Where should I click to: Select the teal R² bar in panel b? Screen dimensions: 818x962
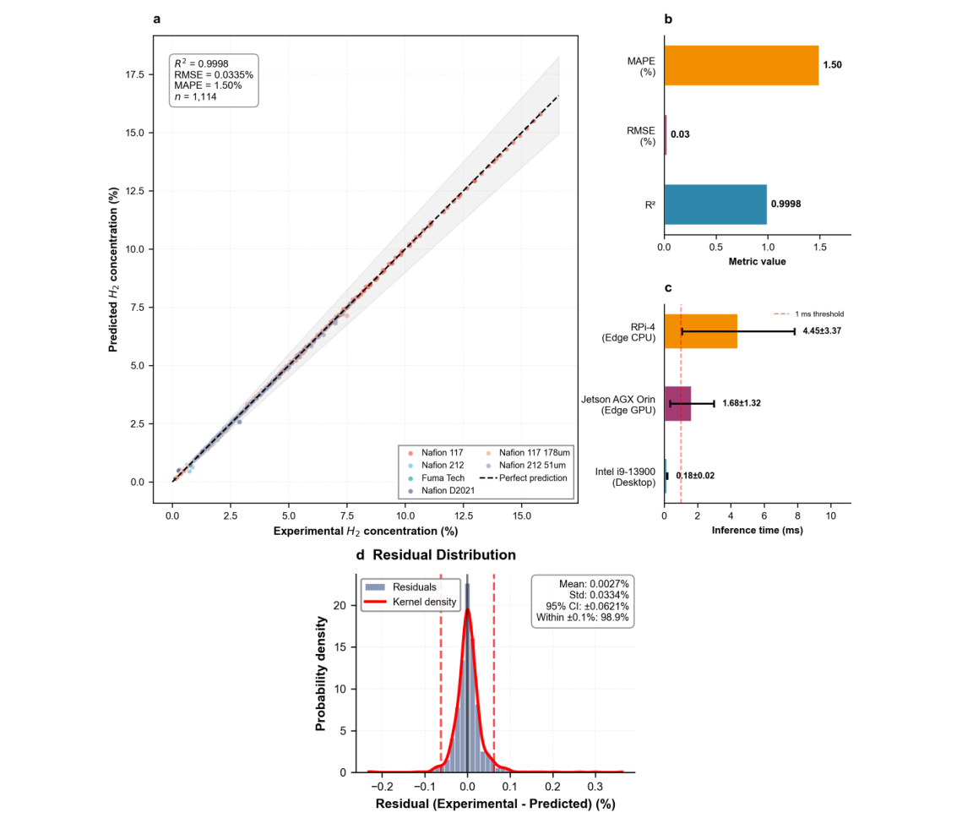click(x=715, y=204)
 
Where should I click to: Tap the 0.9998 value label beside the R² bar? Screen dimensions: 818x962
click(x=787, y=204)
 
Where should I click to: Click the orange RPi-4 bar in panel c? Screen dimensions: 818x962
click(x=700, y=331)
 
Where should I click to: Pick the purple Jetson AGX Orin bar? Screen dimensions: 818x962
click(x=677, y=403)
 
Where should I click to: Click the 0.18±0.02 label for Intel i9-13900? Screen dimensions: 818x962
click(x=694, y=476)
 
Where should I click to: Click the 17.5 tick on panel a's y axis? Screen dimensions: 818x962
click(x=133, y=74)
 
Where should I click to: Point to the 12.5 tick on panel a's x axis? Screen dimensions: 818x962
click(x=463, y=514)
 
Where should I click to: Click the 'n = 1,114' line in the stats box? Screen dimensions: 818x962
click(x=194, y=96)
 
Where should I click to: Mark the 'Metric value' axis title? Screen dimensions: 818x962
click(x=757, y=261)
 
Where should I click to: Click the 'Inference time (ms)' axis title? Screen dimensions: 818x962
click(x=757, y=531)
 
